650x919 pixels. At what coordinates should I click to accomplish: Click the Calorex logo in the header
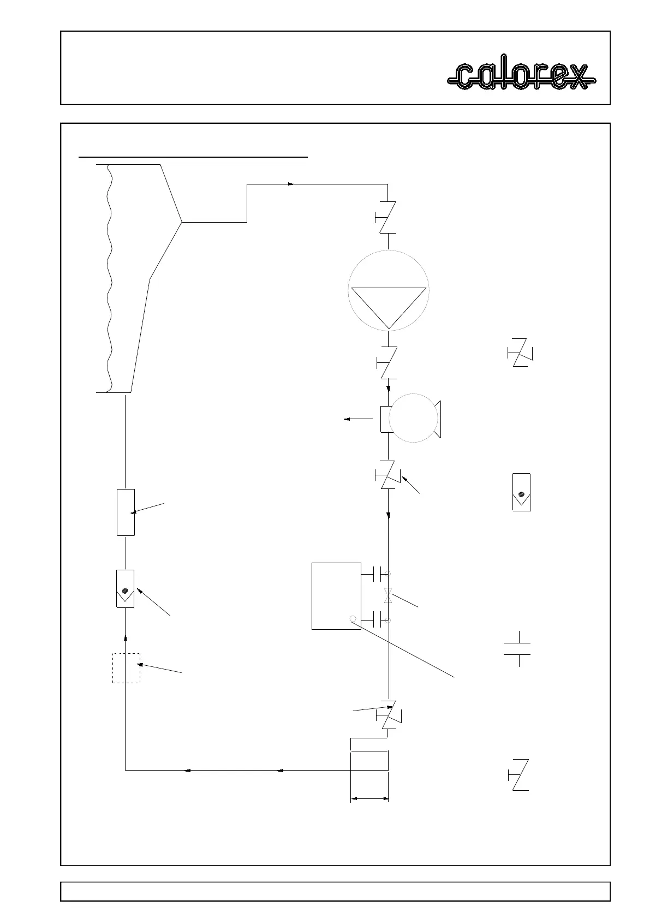pos(521,76)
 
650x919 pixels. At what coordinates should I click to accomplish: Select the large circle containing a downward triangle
pos(388,290)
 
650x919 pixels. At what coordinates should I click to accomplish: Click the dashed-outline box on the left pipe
pos(126,668)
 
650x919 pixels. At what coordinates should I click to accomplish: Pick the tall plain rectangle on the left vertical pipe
pos(126,512)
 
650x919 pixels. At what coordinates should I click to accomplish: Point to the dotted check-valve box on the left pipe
pos(126,589)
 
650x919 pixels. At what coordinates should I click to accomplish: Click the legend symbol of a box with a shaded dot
pos(522,492)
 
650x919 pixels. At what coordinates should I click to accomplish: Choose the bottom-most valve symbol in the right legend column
pos(519,774)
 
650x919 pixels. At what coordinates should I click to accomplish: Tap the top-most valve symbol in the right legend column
pos(520,353)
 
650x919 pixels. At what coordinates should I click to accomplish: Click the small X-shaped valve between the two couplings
pos(388,596)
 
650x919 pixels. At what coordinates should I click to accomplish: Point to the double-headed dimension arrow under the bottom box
pos(369,799)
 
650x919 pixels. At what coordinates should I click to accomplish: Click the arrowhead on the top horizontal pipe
pos(291,184)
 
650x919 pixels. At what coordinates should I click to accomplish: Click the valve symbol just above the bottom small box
pos(389,715)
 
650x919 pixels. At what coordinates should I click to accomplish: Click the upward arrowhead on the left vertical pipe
pos(126,636)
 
